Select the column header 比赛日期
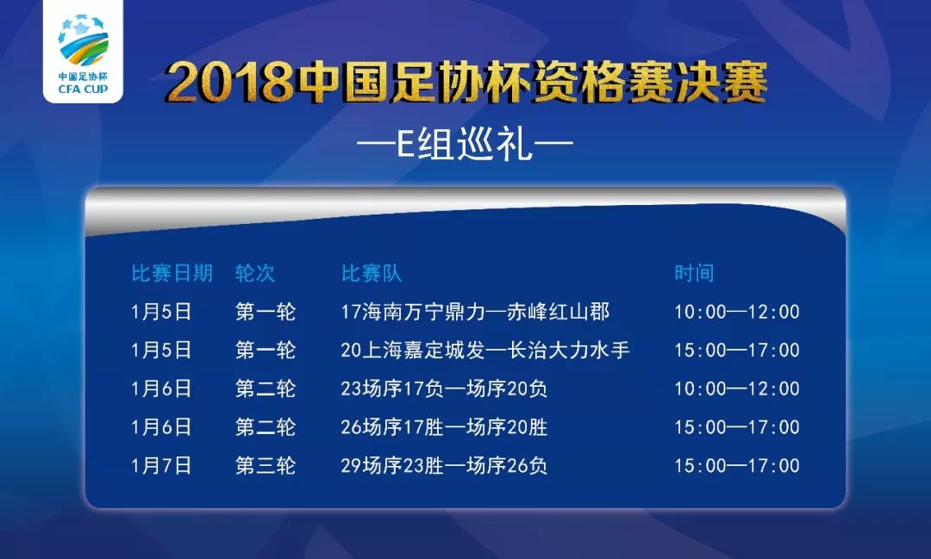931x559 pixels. [172, 274]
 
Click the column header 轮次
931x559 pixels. [255, 274]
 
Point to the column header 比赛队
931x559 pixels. [372, 274]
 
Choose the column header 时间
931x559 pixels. [694, 274]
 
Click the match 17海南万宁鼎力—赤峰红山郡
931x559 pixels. [475, 312]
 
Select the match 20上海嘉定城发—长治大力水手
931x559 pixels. [485, 351]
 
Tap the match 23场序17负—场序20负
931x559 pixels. [444, 389]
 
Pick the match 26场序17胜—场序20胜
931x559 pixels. [444, 427]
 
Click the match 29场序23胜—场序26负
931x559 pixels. [444, 466]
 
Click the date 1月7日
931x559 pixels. [161, 466]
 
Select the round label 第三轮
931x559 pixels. [266, 466]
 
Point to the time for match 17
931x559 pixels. [737, 312]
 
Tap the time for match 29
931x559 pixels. [737, 466]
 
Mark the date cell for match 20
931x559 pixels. [161, 351]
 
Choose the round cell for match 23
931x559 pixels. [266, 389]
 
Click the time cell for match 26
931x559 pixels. [737, 427]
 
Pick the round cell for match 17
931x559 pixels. [266, 312]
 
